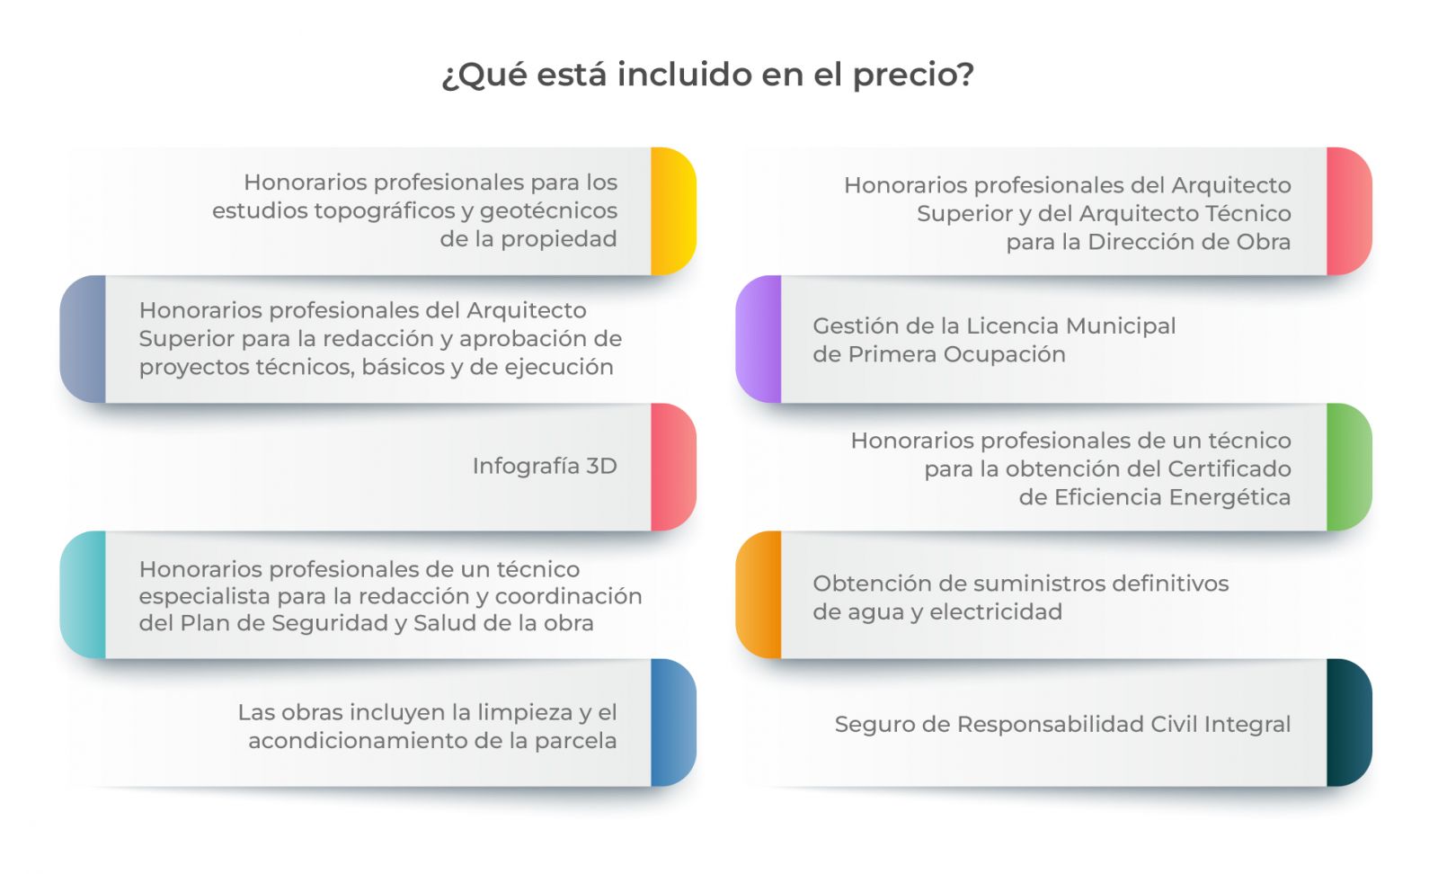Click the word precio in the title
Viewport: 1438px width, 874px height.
pyautogui.click(x=912, y=75)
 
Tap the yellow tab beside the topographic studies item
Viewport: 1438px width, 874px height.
pyautogui.click(x=673, y=211)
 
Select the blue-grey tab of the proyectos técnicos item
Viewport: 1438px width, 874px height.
pyautogui.click(x=83, y=339)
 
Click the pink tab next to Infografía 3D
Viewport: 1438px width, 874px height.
pyautogui.click(x=673, y=467)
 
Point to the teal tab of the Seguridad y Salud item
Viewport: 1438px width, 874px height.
pyautogui.click(x=83, y=594)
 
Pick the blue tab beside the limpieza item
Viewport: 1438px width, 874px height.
pyautogui.click(x=673, y=722)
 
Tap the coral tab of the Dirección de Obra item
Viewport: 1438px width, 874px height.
pyautogui.click(x=1349, y=211)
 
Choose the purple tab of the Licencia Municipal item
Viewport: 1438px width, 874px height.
pyautogui.click(x=759, y=339)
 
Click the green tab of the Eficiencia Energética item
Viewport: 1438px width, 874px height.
pyautogui.click(x=1349, y=467)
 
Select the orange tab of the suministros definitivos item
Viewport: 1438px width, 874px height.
pyautogui.click(x=759, y=594)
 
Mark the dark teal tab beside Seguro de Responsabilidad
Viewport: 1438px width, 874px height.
pyautogui.click(x=1349, y=722)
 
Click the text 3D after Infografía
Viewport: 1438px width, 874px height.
pyautogui.click(x=601, y=466)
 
